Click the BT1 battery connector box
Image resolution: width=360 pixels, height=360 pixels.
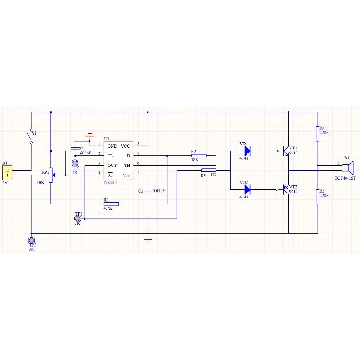[7, 172]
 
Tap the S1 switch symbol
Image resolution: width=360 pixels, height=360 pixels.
[31, 136]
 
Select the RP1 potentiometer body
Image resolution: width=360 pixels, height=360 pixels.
[51, 175]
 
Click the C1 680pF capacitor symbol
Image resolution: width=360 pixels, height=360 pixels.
[75, 148]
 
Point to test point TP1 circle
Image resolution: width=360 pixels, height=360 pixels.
[75, 163]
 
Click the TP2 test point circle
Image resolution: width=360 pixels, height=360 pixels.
[78, 219]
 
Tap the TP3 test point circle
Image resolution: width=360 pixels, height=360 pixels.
[31, 240]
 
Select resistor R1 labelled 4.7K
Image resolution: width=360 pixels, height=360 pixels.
[111, 204]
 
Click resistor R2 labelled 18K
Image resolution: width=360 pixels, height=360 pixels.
[199, 156]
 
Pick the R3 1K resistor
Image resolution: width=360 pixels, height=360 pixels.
[208, 170]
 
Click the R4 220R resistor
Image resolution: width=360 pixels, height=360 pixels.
[318, 134]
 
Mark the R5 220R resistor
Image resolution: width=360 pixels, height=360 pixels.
[318, 197]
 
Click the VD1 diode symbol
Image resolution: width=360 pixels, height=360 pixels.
[247, 151]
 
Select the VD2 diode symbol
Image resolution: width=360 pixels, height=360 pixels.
[247, 189]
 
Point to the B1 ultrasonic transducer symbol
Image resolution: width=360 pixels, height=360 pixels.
[347, 168]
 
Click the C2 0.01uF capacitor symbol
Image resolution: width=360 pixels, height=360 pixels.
[148, 192]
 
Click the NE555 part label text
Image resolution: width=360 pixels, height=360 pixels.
[110, 183]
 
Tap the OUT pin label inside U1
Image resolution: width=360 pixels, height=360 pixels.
[112, 166]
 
